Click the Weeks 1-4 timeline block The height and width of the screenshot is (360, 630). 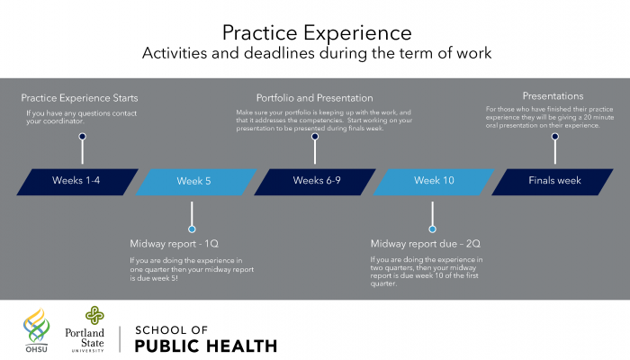[x=77, y=182]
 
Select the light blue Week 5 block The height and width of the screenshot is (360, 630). [x=196, y=182]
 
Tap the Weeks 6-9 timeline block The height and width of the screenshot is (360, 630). [x=315, y=182]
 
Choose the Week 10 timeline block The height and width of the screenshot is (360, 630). [x=434, y=182]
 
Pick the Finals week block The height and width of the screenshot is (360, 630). [x=553, y=182]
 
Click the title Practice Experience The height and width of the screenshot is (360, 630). [x=317, y=33]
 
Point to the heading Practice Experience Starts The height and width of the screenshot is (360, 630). [x=79, y=98]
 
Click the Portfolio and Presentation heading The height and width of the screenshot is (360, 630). [x=315, y=98]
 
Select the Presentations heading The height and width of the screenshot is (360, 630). [x=553, y=96]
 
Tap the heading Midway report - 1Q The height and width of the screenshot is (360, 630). [x=174, y=244]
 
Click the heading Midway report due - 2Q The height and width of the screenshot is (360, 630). [x=426, y=244]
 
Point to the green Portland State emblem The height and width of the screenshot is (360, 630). [x=94, y=315]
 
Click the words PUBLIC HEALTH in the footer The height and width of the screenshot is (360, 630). [x=206, y=346]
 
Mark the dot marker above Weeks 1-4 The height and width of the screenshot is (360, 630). [x=83, y=137]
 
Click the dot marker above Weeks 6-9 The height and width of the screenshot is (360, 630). [x=315, y=137]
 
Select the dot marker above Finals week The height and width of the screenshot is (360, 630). [x=555, y=137]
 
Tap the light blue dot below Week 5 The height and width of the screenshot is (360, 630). [x=192, y=229]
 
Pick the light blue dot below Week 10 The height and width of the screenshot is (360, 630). [x=432, y=229]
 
